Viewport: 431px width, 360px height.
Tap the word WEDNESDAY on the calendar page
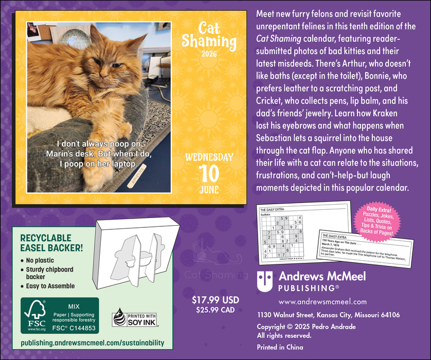click(x=209, y=156)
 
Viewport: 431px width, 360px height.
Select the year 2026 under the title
click(x=209, y=54)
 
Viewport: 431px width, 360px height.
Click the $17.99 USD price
click(x=215, y=299)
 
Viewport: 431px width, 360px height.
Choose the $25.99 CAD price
click(x=215, y=310)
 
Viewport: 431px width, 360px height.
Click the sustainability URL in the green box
click(x=93, y=343)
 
